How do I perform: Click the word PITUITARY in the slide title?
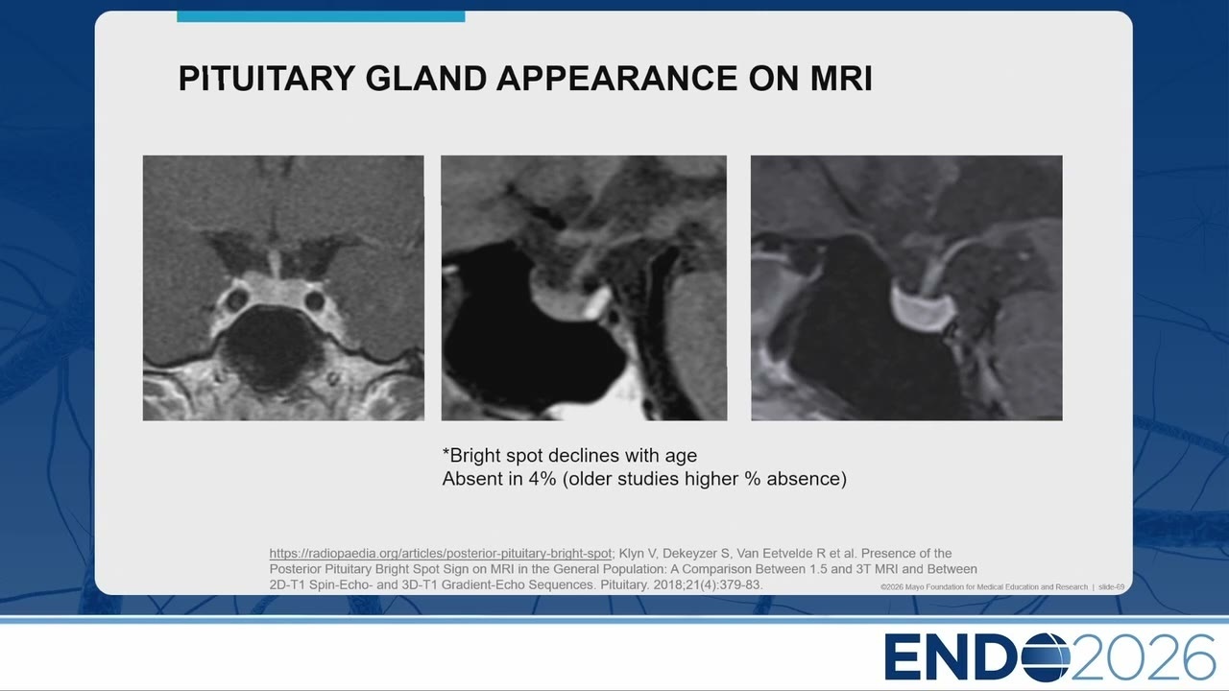[x=267, y=78]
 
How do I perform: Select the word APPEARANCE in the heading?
[x=616, y=78]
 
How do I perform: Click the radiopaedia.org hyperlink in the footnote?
[x=440, y=554]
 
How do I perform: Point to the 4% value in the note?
[x=542, y=479]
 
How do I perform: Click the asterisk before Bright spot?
[x=446, y=453]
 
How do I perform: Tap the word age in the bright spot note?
[x=681, y=457]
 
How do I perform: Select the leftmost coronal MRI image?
[x=283, y=288]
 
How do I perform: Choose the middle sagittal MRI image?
[x=584, y=288]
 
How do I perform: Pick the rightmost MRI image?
[x=906, y=288]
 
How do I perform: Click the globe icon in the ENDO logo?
[x=1046, y=656]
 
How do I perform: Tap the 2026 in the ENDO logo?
[x=1143, y=657]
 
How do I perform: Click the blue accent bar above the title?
[x=321, y=16]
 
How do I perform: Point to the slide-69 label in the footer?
[x=1111, y=586]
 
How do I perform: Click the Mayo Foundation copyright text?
[x=984, y=586]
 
